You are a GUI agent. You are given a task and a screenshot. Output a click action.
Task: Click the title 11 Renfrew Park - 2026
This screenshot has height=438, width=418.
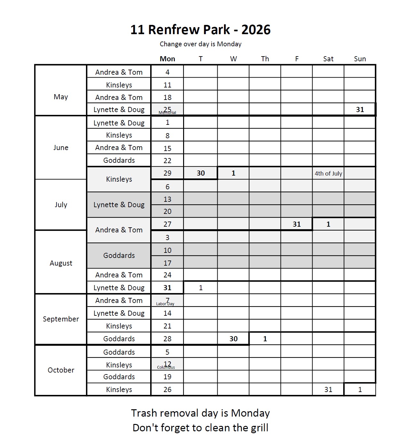(x=200, y=30)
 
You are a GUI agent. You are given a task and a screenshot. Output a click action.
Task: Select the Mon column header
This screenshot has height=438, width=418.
(x=167, y=59)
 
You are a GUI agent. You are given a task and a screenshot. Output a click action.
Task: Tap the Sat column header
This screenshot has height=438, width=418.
(x=328, y=59)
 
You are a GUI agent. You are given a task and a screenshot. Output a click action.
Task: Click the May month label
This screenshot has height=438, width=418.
(x=61, y=97)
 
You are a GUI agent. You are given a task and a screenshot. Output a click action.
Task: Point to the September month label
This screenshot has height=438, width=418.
(x=61, y=319)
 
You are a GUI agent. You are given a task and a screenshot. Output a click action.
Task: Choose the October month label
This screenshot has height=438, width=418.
(x=61, y=370)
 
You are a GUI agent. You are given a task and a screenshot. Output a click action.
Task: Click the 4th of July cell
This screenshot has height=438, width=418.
(x=328, y=173)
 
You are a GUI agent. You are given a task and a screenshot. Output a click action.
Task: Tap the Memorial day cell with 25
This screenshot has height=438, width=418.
(x=167, y=109)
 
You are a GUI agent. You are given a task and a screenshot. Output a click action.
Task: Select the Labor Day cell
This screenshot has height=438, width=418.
(x=167, y=300)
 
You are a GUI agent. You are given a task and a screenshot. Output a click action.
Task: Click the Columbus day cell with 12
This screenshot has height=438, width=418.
(x=167, y=364)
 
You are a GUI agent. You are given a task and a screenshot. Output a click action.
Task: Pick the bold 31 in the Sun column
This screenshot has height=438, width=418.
(x=360, y=109)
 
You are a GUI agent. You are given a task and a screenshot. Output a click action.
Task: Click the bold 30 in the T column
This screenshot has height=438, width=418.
(x=201, y=173)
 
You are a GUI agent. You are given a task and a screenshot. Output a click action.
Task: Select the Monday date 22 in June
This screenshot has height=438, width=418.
(x=167, y=161)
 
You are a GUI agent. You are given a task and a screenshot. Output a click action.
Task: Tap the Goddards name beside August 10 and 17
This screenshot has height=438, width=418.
(x=119, y=255)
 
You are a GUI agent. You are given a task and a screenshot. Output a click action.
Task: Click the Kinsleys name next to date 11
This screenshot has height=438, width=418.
(x=119, y=85)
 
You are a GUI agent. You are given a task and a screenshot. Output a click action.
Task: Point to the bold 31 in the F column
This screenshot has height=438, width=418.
(x=297, y=224)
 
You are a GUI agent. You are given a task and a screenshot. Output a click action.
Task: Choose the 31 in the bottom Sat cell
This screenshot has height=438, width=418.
(x=328, y=389)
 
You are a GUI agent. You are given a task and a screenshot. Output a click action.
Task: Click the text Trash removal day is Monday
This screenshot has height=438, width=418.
(x=200, y=413)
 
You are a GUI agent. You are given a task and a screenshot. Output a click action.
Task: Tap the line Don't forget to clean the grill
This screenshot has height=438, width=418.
(x=200, y=427)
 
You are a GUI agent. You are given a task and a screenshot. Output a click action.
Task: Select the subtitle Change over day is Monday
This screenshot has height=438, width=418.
(x=200, y=44)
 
